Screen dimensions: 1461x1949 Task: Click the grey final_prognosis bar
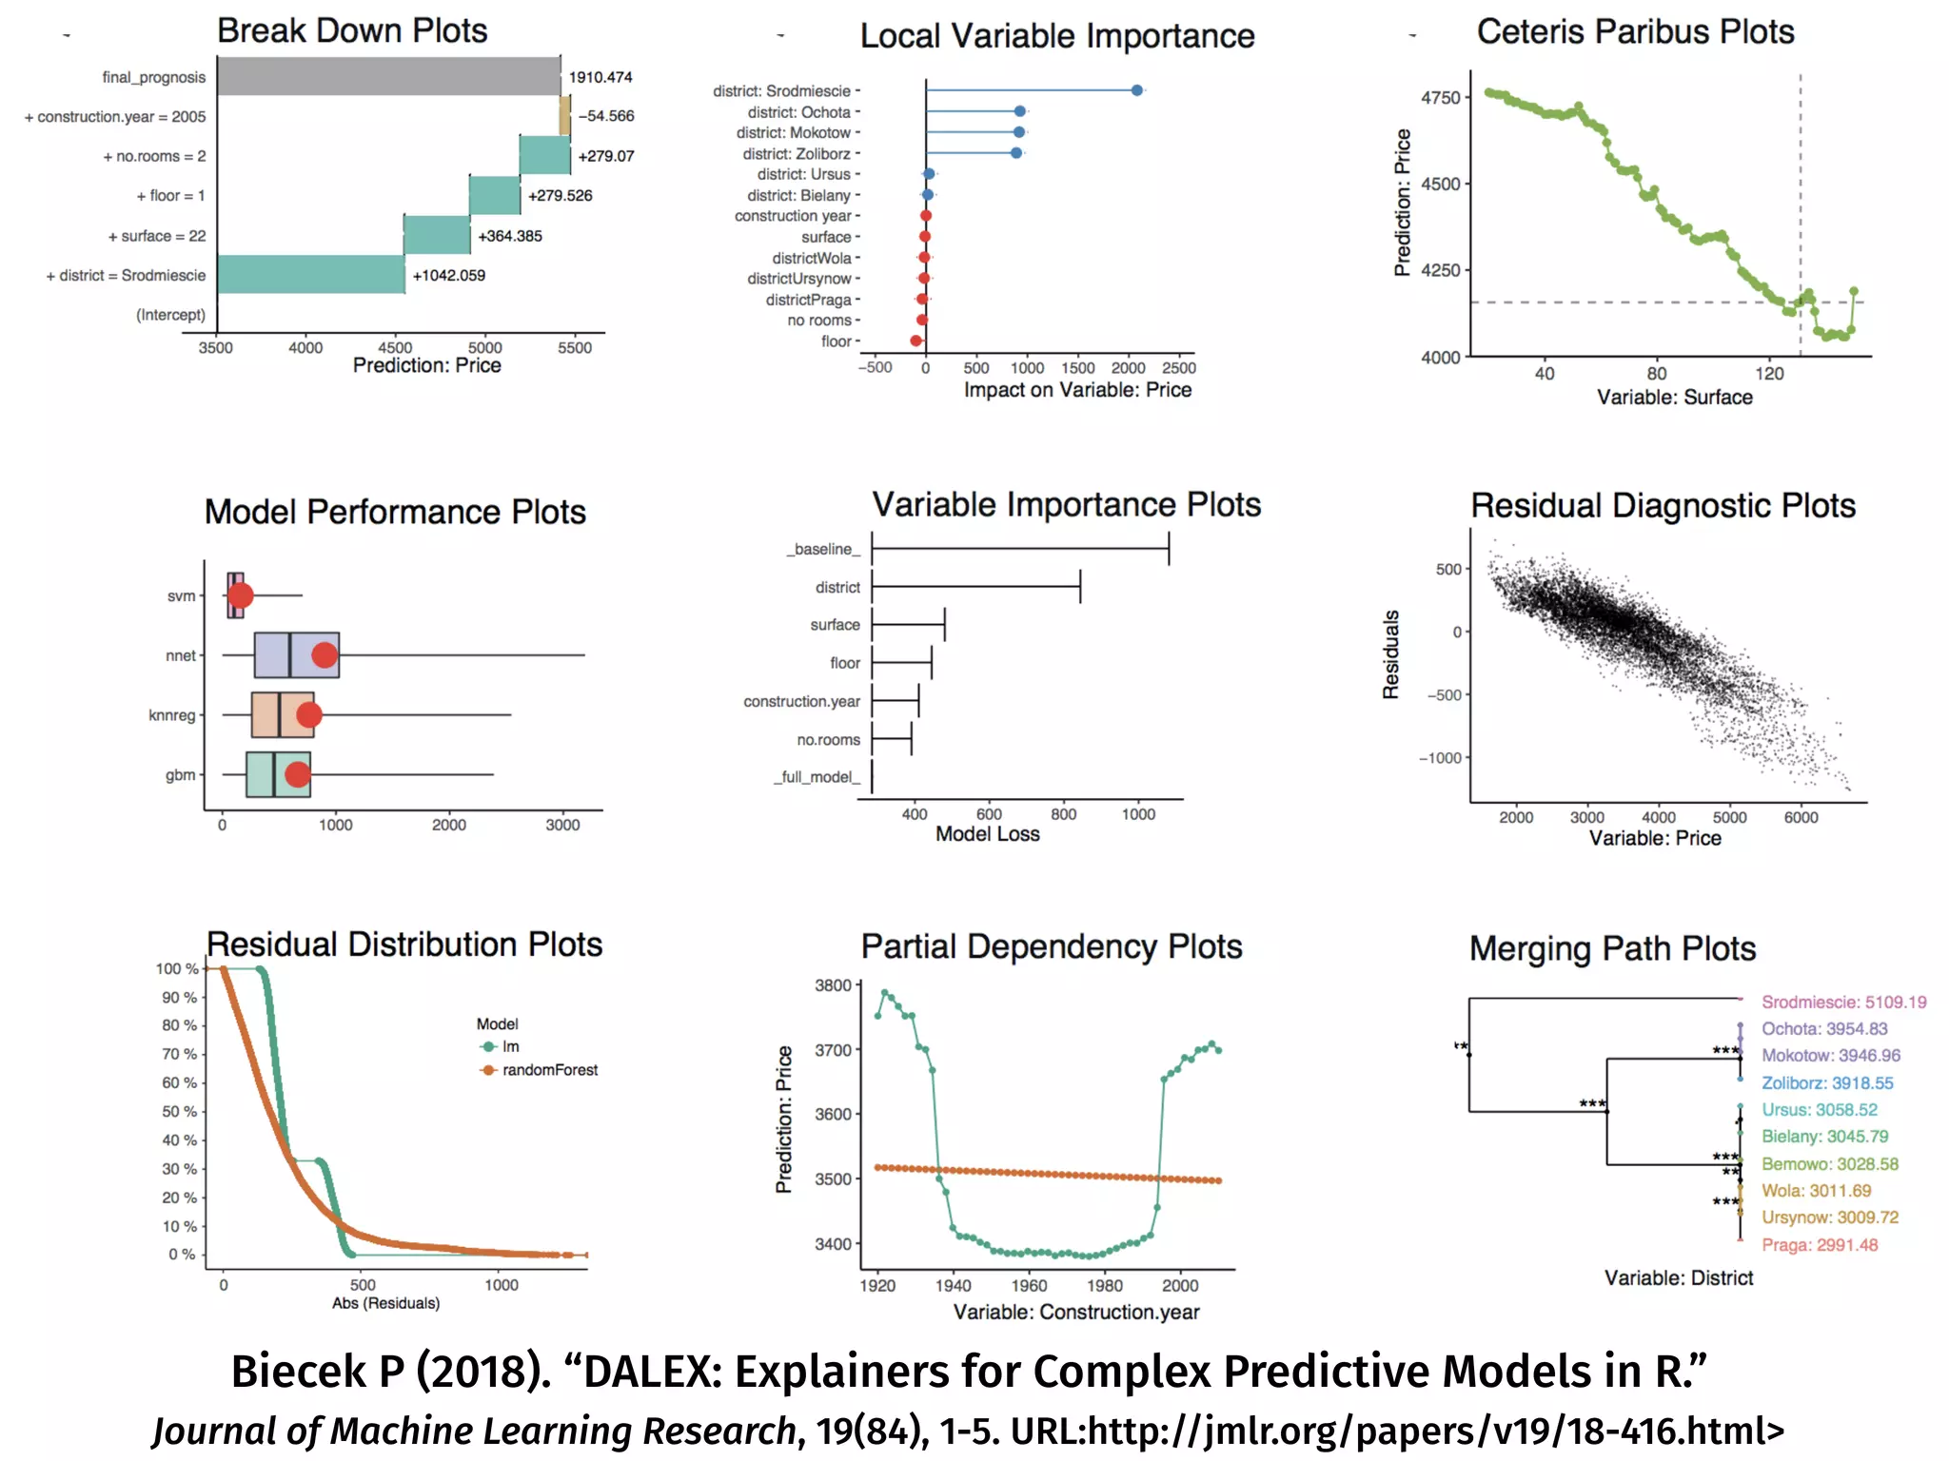[x=388, y=76]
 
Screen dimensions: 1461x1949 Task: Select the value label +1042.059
[x=448, y=275]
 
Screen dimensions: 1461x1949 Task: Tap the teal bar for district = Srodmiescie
[x=310, y=274]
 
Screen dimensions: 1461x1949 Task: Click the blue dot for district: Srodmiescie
[x=1136, y=90]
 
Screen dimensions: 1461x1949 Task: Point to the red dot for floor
[x=915, y=341]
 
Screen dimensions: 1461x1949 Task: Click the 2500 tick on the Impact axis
[x=1178, y=368]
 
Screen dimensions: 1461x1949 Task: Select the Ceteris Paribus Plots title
[x=1634, y=32]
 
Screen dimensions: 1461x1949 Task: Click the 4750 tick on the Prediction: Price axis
[x=1440, y=97]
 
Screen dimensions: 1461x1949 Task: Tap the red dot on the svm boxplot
[x=241, y=595]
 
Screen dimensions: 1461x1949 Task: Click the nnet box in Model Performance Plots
[x=296, y=654]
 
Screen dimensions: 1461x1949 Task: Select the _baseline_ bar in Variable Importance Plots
[x=1019, y=549]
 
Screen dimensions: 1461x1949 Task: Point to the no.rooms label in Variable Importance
[x=828, y=739]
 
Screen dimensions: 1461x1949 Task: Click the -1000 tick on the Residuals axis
[x=1440, y=757]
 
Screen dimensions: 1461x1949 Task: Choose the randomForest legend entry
[x=549, y=1070]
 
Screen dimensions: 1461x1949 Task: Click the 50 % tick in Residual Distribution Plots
[x=179, y=1111]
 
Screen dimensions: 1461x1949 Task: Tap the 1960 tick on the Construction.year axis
[x=1029, y=1285]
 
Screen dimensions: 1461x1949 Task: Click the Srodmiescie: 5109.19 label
[x=1843, y=1002]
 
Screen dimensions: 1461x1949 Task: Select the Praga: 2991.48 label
[x=1819, y=1245]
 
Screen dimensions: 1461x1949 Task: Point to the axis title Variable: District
[x=1678, y=1277]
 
